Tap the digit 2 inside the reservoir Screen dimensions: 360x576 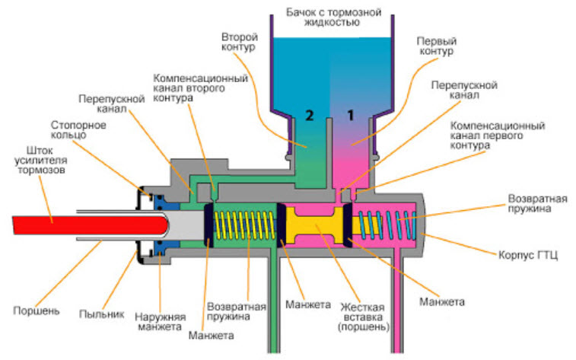(310, 116)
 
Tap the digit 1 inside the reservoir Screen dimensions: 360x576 (351, 116)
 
